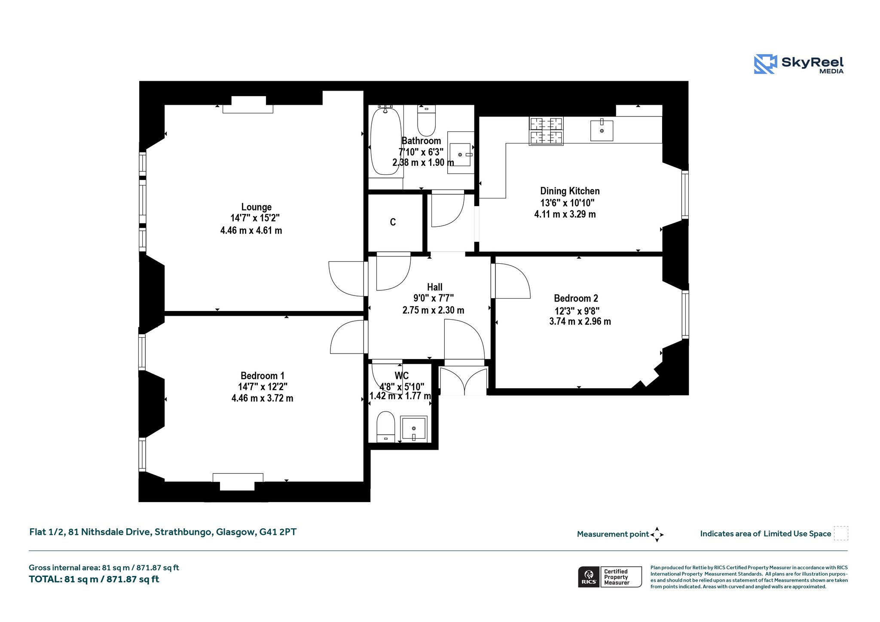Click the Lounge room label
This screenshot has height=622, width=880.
point(257,207)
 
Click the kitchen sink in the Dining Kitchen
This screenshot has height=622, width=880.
point(602,131)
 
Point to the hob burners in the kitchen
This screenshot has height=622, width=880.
point(546,131)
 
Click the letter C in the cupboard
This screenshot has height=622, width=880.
point(393,222)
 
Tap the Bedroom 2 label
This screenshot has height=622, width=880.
point(576,298)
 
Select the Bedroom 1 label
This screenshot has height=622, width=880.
point(263,375)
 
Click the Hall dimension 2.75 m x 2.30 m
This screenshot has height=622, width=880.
point(433,310)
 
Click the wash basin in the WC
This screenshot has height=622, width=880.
point(413,429)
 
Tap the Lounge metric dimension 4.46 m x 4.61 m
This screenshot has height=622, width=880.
point(251,230)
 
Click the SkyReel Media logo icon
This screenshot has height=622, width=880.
point(765,64)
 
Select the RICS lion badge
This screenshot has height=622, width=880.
point(589,577)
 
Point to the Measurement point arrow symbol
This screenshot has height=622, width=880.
point(657,534)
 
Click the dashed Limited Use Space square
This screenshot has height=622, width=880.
point(841,533)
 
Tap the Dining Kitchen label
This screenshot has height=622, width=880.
point(570,191)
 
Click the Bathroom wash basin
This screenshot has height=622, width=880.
point(461,153)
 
